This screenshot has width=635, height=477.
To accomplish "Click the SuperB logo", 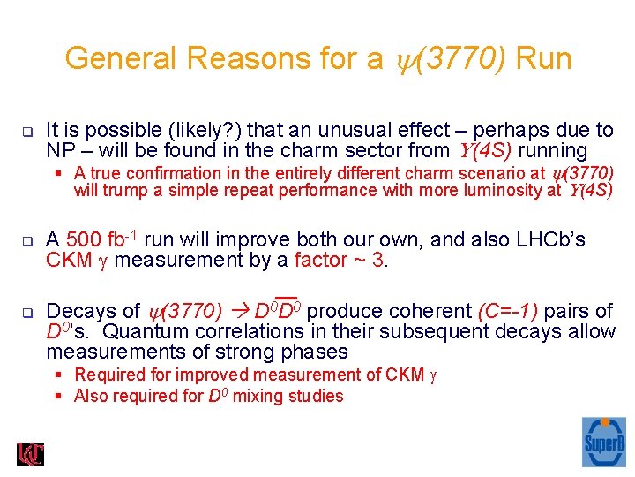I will (x=604, y=442).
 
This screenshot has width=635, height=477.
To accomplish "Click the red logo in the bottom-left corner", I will (x=30, y=454).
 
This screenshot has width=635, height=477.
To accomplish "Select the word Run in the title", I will (x=543, y=59).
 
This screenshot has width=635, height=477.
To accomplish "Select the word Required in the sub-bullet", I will (x=108, y=375).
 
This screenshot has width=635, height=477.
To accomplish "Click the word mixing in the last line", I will (x=259, y=396).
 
